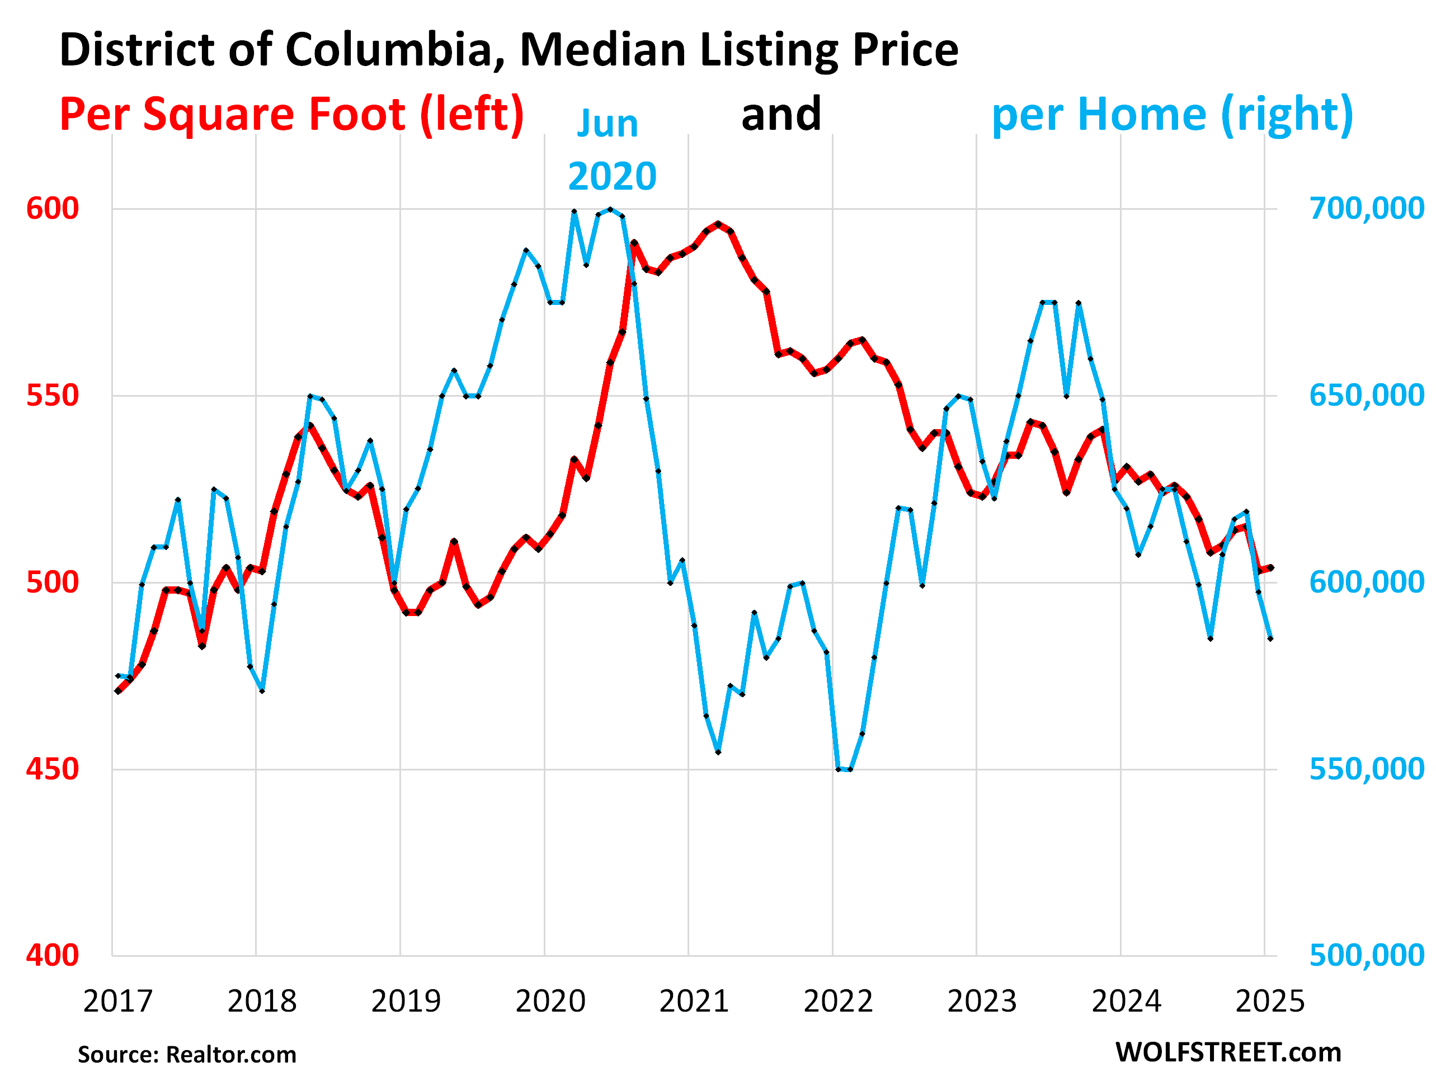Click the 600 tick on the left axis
coord(53,209)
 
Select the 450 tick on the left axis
coord(53,769)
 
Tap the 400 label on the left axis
coord(53,956)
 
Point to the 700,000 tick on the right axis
coord(1367,209)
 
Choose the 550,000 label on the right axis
coord(1367,769)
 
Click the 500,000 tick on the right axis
coord(1367,956)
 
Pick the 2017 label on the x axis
coord(117,1001)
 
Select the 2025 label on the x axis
coord(1270,1001)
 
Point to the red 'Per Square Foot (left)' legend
coord(291,114)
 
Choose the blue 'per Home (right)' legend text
coord(1173,114)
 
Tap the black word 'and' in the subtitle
coord(781,114)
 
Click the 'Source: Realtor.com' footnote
coord(187,1054)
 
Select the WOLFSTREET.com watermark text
coord(1228,1052)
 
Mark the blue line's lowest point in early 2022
coord(845,769)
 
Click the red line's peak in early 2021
coord(718,224)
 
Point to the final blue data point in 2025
coord(1270,639)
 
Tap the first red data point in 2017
coord(117,692)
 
